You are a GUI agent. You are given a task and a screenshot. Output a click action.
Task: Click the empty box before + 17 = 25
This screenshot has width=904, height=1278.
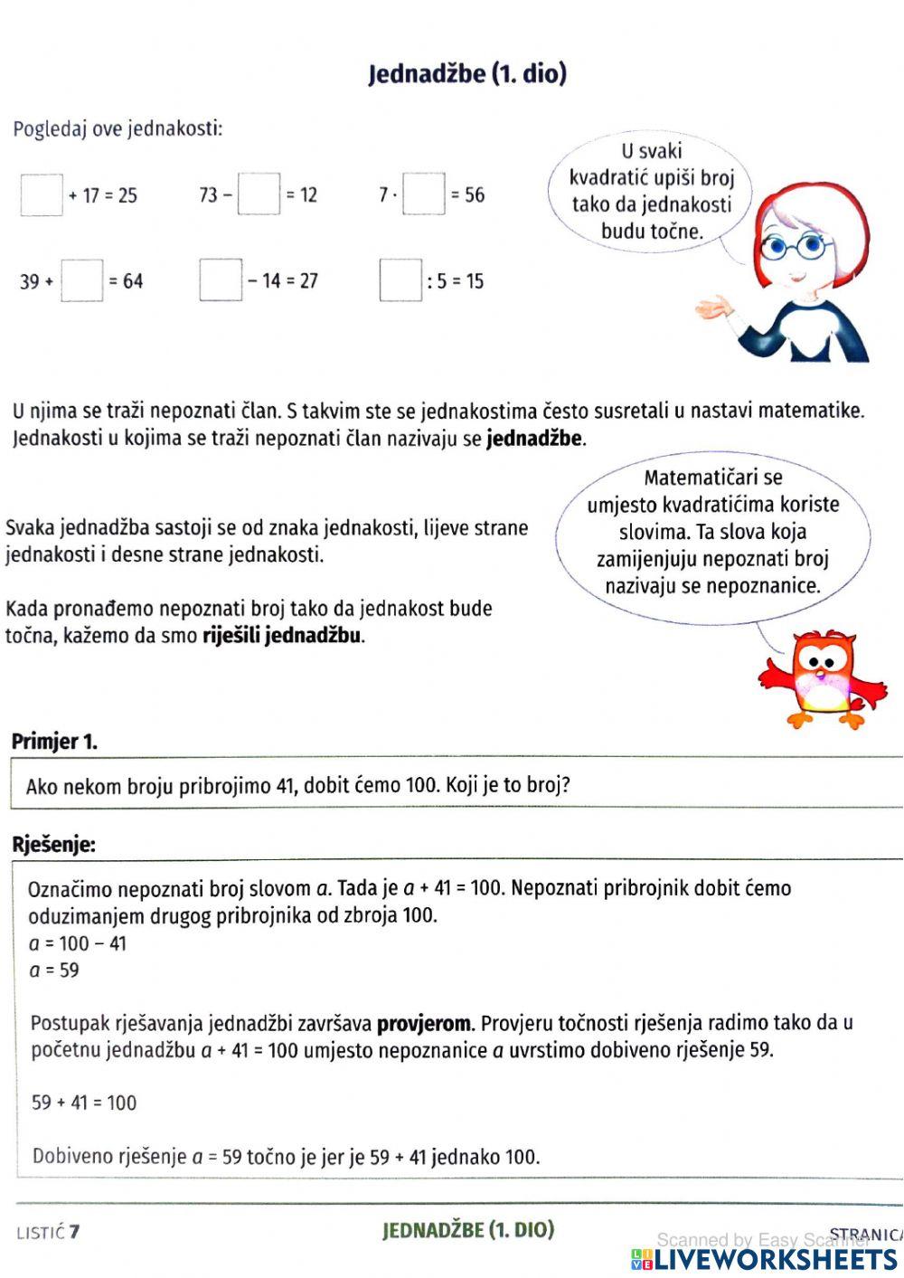42,194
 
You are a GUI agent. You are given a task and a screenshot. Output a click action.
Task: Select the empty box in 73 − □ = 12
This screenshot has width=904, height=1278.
259,194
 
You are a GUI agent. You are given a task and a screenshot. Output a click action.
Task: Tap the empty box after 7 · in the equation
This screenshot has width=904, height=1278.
424,194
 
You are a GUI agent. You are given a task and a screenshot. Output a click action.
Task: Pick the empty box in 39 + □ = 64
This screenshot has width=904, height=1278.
82,280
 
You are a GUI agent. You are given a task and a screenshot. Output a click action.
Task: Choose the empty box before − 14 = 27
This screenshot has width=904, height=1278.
221,280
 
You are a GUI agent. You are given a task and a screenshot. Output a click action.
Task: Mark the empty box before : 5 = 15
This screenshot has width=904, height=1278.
400,280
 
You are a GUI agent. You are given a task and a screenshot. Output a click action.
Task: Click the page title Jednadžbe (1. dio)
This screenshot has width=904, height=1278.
467,73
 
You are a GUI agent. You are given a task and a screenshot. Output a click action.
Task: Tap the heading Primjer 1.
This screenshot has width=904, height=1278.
54,742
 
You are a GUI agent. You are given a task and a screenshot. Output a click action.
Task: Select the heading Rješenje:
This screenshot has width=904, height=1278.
53,845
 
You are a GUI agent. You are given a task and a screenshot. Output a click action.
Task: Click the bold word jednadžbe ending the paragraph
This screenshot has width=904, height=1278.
534,440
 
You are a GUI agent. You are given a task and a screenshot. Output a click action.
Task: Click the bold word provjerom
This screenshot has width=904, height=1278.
423,1024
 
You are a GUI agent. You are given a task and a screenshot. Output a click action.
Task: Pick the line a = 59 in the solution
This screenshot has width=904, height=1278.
54,970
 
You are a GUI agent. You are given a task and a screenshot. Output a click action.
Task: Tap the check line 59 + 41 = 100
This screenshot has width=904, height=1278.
84,1103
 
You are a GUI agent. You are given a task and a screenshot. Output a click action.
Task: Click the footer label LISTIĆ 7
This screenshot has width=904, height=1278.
48,1232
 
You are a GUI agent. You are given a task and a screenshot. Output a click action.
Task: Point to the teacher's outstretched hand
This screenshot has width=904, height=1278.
714,308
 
